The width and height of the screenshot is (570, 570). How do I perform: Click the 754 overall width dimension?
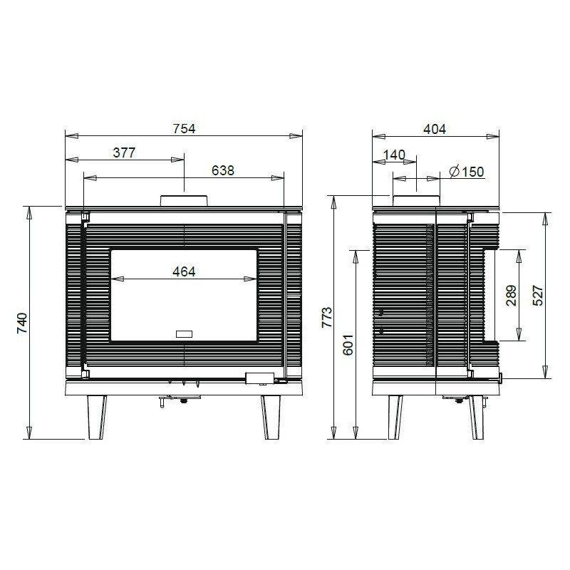point(184,129)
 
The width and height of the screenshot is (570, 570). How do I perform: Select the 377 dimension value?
point(124,152)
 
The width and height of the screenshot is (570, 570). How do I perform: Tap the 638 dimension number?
point(223,170)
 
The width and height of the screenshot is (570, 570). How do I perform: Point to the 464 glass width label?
point(184,271)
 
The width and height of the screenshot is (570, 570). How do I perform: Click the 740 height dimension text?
point(22,323)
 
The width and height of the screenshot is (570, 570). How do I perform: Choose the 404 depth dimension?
point(435,129)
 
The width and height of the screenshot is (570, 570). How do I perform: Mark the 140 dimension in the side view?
point(395,155)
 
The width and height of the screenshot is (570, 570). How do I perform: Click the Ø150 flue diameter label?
point(467,171)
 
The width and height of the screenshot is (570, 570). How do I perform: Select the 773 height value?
point(327,317)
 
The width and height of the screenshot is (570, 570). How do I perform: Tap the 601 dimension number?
point(348,345)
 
